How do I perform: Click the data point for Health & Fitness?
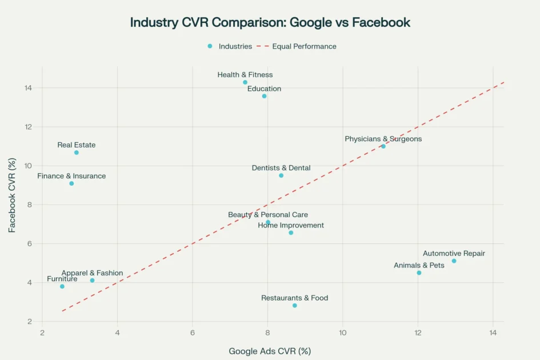[245, 82]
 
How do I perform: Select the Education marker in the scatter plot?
[264, 96]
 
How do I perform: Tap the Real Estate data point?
[77, 153]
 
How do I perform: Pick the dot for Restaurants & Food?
[295, 306]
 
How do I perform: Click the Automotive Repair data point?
[454, 261]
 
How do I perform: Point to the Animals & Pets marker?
[419, 273]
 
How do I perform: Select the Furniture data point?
[62, 286]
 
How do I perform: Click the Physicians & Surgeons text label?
[383, 139]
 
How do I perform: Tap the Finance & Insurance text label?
[71, 176]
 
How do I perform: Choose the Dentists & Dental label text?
[281, 168]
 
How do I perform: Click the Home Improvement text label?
[291, 225]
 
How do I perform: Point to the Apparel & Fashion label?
[92, 273]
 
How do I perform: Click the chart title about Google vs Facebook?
[270, 22]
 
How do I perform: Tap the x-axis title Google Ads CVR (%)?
[270, 351]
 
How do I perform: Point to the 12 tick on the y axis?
[28, 127]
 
